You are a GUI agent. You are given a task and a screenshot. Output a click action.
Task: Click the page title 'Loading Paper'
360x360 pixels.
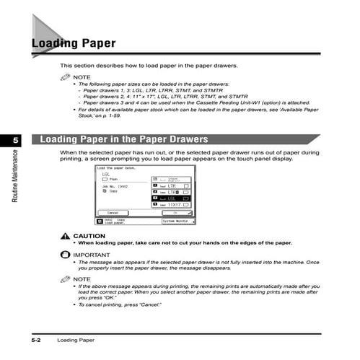click(x=73, y=44)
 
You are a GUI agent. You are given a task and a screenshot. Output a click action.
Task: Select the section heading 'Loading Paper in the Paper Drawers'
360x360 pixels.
click(x=124, y=139)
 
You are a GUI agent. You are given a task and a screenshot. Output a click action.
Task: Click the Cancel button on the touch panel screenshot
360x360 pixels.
click(x=113, y=213)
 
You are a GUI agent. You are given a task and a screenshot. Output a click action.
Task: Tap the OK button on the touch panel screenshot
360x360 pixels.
click(x=174, y=213)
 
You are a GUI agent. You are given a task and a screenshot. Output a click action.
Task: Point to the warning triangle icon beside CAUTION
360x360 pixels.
click(x=66, y=236)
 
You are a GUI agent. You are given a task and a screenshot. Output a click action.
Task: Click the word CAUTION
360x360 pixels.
click(x=89, y=236)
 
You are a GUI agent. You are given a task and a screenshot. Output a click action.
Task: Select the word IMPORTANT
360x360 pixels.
click(x=92, y=255)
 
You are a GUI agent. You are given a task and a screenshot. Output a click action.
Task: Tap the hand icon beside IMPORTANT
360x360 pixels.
click(x=66, y=255)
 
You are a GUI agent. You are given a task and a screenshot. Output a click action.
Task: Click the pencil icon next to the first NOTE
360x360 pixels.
click(x=66, y=76)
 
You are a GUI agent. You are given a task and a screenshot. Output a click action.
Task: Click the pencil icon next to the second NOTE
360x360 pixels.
click(x=66, y=278)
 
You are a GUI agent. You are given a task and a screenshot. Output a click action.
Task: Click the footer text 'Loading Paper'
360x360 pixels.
click(x=76, y=339)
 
